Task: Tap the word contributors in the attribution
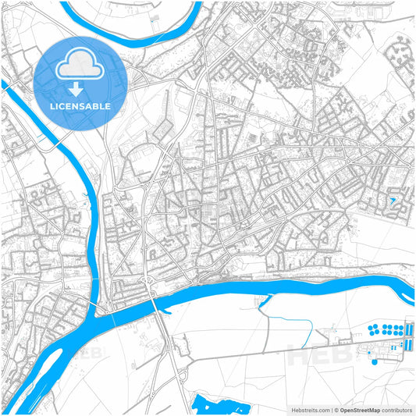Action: pyautogui.click(x=396, y=409)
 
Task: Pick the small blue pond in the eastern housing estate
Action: pyautogui.click(x=393, y=201)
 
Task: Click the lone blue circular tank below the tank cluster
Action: pyautogui.click(x=374, y=361)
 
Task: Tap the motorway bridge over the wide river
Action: pyautogui.click(x=157, y=295)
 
